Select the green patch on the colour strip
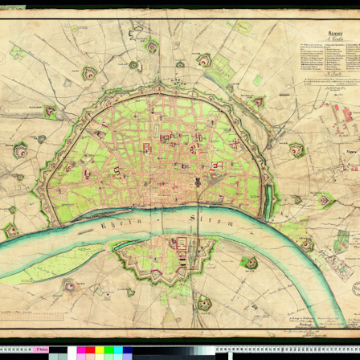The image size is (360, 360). [106, 351]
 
